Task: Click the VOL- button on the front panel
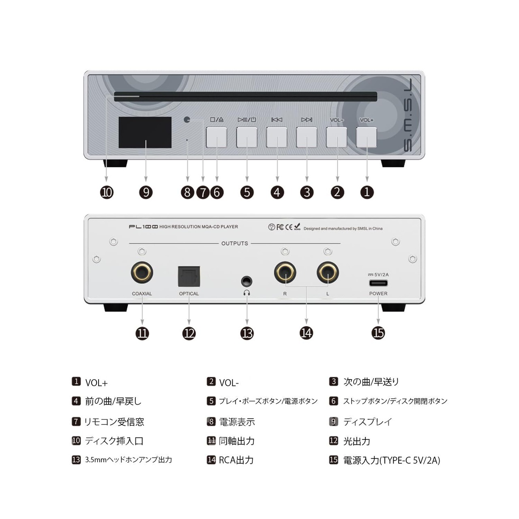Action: tap(337, 137)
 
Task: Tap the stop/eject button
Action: tap(217, 137)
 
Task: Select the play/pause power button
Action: tap(247, 137)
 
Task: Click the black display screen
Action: tap(145, 133)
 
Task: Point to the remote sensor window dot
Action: tap(187, 120)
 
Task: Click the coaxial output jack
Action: tap(142, 272)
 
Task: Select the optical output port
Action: tap(189, 277)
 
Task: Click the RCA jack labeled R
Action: tap(285, 272)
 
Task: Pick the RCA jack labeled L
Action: tap(328, 272)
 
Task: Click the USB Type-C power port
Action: tap(378, 283)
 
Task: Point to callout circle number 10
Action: tap(107, 192)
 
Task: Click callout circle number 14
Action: tap(307, 333)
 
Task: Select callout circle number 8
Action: tap(188, 192)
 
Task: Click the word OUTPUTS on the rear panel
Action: tap(235, 243)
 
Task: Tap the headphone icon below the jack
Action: tap(247, 293)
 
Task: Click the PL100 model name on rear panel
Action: tap(144, 227)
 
